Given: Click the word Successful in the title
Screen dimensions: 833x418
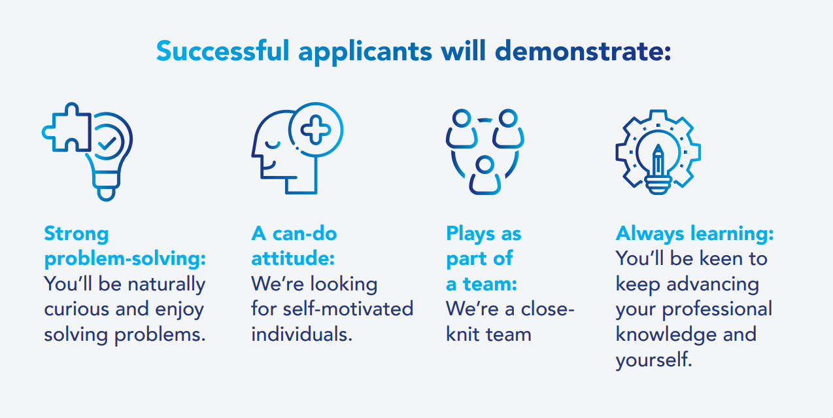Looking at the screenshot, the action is pyautogui.click(x=223, y=50).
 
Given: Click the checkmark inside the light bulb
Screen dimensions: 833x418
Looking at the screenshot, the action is pyautogui.click(x=107, y=143).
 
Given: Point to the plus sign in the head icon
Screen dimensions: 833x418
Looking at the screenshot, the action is pyautogui.click(x=316, y=130).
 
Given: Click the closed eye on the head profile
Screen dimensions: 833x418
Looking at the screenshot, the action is pyautogui.click(x=272, y=145).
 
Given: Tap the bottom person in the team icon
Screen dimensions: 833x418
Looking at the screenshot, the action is pyautogui.click(x=485, y=175).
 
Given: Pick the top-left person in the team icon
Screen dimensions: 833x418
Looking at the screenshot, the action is pyautogui.click(x=462, y=129).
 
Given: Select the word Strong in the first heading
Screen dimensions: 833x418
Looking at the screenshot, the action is pyautogui.click(x=76, y=234).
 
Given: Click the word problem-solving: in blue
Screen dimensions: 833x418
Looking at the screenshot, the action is pyautogui.click(x=125, y=259).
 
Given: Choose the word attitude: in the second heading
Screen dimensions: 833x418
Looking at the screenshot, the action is pyautogui.click(x=293, y=258).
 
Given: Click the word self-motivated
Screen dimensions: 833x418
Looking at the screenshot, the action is pyautogui.click(x=348, y=309).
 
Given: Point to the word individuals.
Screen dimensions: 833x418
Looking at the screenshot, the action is pyautogui.click(x=301, y=334).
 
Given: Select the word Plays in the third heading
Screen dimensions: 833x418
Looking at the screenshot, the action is pyautogui.click(x=471, y=234).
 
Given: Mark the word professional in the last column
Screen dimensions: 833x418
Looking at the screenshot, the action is pyautogui.click(x=717, y=309).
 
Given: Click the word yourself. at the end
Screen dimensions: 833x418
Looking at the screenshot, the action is pyautogui.click(x=653, y=360).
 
